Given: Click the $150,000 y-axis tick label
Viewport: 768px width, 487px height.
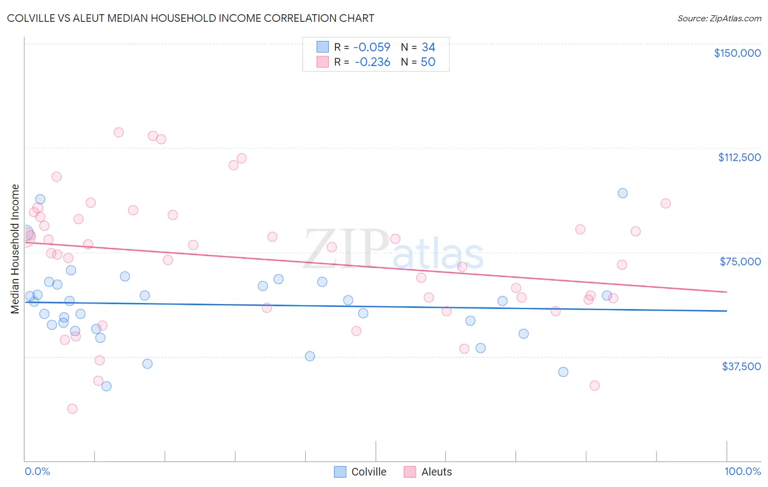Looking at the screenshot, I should (737, 53).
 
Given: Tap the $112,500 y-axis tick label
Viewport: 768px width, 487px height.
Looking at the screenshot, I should (739, 157).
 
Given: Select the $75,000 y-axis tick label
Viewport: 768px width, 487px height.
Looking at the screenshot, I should (740, 262).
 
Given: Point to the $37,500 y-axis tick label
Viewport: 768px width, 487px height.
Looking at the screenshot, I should (741, 366).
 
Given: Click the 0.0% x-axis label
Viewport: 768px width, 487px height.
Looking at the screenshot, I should (37, 471).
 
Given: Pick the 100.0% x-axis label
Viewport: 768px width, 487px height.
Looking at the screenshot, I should (742, 471).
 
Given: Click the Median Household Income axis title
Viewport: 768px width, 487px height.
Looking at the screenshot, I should (15, 249).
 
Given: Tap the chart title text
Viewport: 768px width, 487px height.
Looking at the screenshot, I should (191, 18).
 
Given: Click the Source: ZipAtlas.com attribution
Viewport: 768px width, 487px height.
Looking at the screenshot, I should (719, 19).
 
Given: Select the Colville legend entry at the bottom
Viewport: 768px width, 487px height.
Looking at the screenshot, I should (361, 472).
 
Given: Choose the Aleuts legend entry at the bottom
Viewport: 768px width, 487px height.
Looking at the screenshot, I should (428, 472).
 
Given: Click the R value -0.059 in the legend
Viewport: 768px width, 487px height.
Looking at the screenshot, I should (371, 47).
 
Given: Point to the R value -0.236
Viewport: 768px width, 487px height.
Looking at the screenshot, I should (372, 62).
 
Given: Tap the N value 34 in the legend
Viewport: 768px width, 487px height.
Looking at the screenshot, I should (428, 47).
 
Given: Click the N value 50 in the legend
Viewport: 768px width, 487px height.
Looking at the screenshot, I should (428, 62).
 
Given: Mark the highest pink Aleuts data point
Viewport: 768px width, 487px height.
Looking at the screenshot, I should (119, 132).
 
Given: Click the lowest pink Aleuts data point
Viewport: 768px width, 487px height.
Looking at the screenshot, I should (72, 408).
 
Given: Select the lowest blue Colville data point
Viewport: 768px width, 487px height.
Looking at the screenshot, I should (107, 386).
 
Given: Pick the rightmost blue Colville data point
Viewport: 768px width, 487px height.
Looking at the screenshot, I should (622, 193).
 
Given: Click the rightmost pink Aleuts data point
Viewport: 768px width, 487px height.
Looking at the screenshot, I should (665, 203).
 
